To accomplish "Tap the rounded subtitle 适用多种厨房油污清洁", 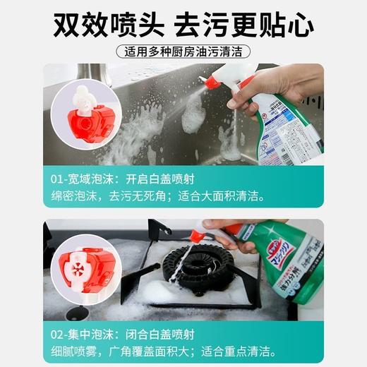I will pyautogui.click(x=183, y=52).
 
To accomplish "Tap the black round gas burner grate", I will pyautogui.click(x=187, y=265).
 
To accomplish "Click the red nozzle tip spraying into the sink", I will pyautogui.click(x=210, y=82).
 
